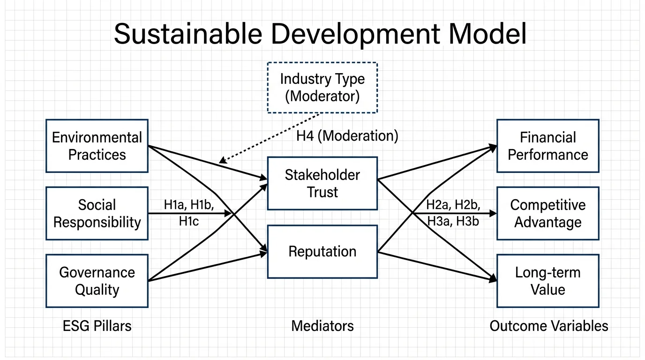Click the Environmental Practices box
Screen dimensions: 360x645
97,146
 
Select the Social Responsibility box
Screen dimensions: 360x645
97,213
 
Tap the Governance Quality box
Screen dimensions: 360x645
97,281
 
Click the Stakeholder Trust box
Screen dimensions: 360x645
322,183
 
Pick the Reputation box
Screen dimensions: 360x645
322,252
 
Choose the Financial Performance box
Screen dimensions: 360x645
547,146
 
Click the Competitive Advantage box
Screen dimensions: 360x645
547,213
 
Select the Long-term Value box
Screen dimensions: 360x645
547,281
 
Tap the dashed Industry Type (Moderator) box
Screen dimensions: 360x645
322,88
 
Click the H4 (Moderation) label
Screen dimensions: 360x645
347,136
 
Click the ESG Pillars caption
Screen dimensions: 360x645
97,326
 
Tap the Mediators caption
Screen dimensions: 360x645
322,326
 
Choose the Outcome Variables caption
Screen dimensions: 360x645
548,326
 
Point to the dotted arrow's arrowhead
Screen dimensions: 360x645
222,162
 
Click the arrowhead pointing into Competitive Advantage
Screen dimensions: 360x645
493,213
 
